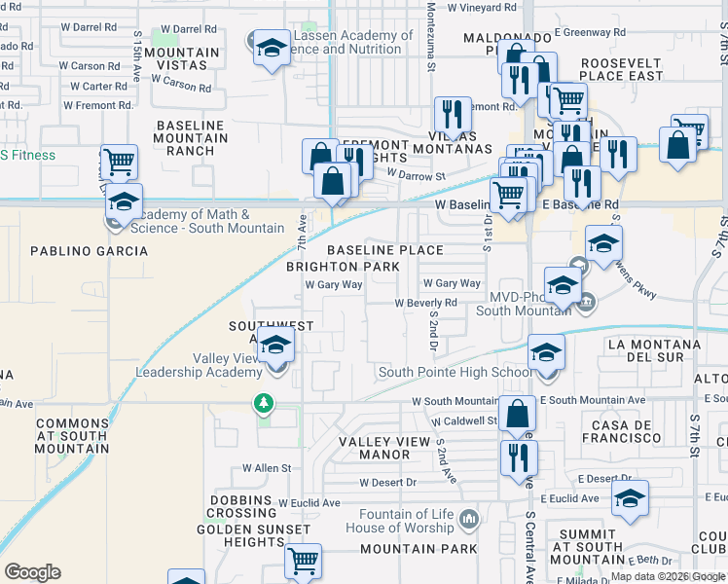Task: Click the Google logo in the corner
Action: (32, 572)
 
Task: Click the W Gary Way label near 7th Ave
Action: (334, 285)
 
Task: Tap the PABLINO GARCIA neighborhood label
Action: (89, 251)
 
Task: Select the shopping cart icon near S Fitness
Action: (119, 163)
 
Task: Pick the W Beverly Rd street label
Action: (425, 304)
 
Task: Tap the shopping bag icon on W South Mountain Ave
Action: (517, 414)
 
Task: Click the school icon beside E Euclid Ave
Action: (630, 499)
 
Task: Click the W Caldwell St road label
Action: (465, 421)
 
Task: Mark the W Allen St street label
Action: (266, 468)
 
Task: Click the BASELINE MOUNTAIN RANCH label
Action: (191, 138)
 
